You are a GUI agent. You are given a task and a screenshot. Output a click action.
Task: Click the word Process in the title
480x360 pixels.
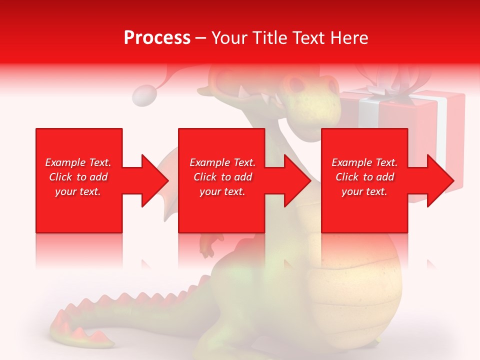(x=157, y=38)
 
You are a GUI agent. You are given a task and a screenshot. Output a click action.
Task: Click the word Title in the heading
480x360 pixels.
(x=269, y=38)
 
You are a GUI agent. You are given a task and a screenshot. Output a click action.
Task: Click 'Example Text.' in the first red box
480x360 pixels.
(x=78, y=162)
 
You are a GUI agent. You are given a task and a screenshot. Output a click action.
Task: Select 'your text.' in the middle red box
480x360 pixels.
(x=222, y=191)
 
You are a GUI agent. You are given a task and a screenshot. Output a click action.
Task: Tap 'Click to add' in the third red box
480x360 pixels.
(x=364, y=177)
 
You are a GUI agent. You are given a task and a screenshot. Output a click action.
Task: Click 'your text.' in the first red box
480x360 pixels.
(x=78, y=191)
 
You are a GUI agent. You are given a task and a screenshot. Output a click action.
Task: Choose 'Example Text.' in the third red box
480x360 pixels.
(x=364, y=162)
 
